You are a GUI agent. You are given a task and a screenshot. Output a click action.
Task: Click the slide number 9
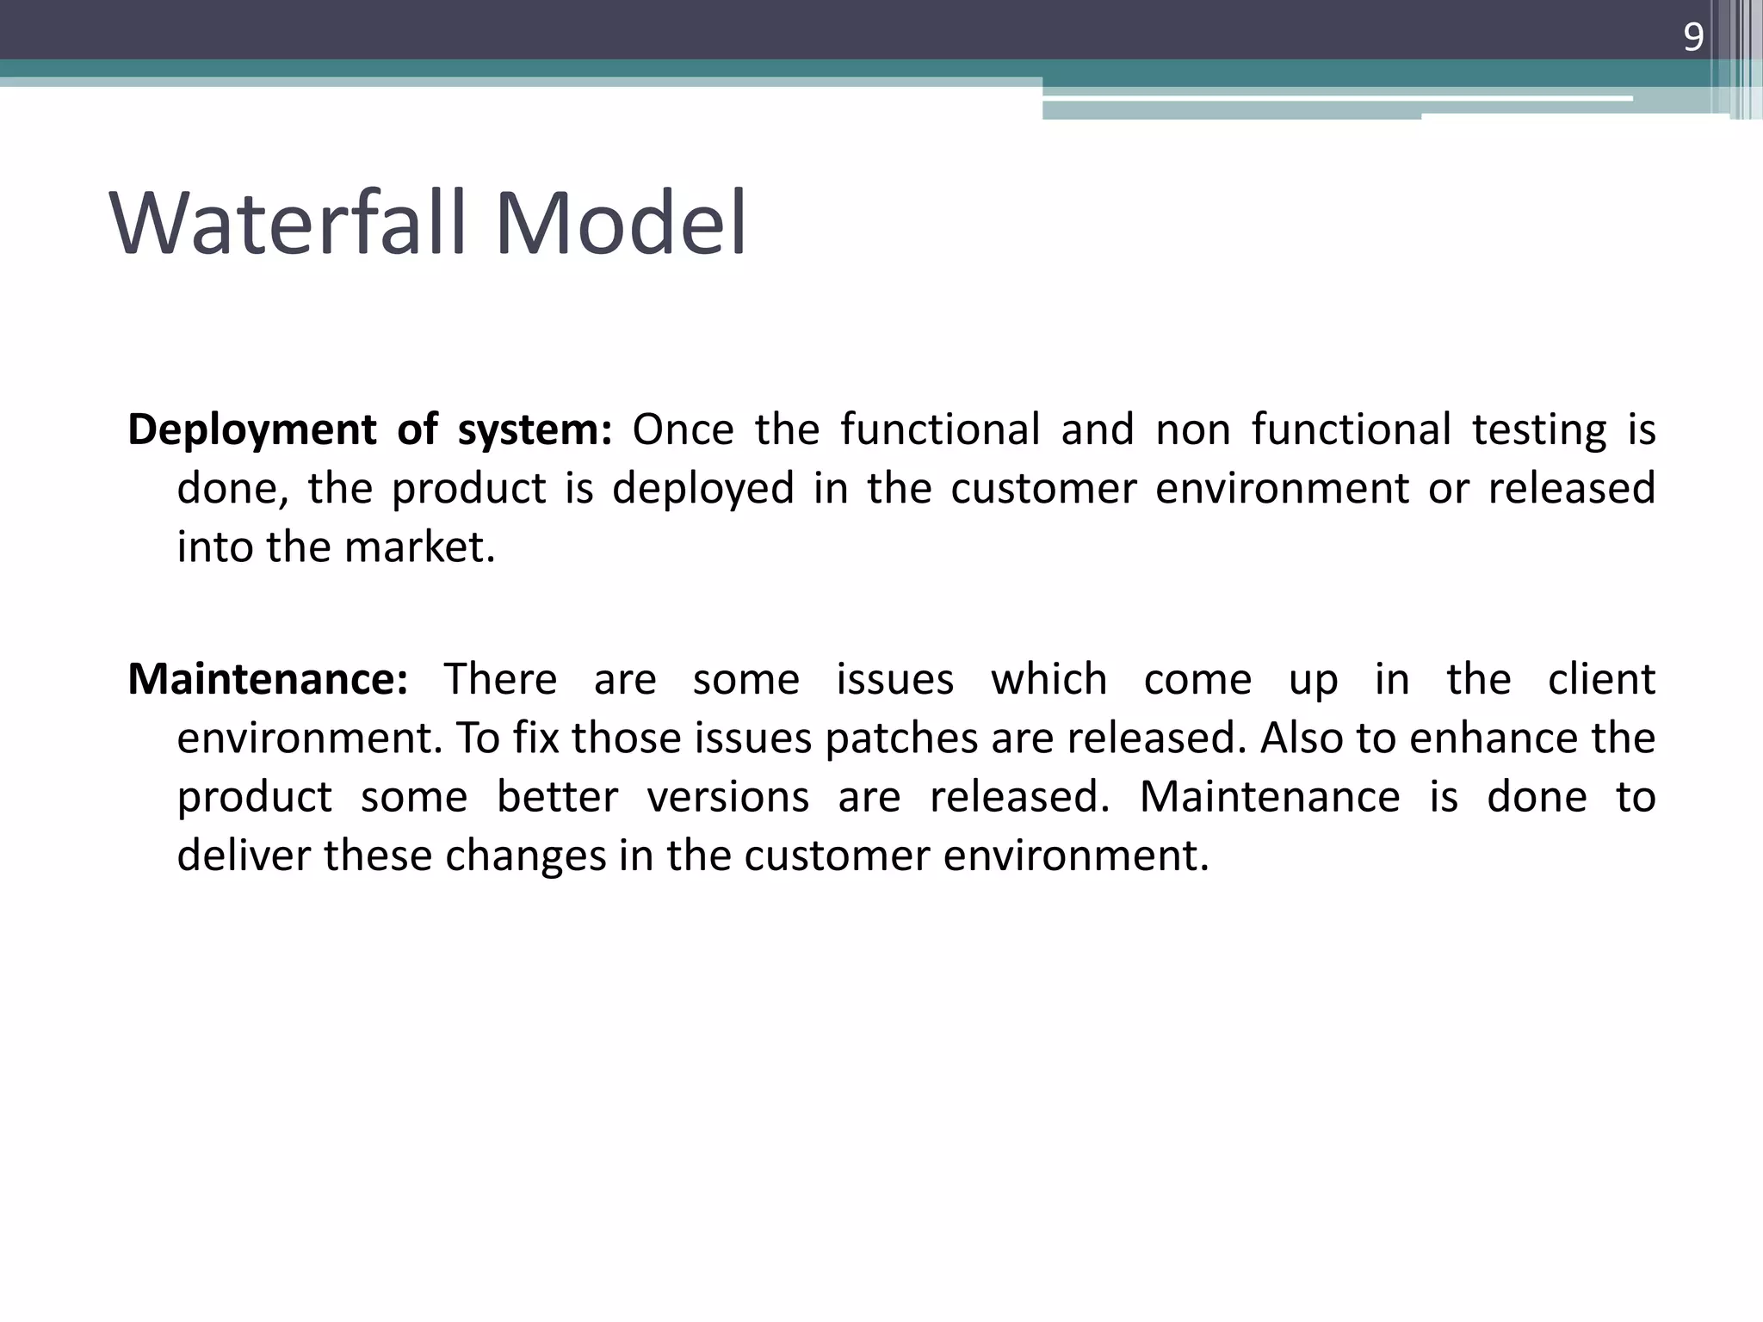[x=1692, y=38]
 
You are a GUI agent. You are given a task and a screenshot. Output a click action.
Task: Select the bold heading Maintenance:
[x=268, y=680]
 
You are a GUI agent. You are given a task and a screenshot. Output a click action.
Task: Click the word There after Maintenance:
[x=500, y=680]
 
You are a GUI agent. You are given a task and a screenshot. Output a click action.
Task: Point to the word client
[x=1601, y=680]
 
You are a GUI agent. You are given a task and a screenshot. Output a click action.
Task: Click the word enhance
[x=1493, y=738]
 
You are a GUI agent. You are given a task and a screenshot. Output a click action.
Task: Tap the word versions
[x=727, y=797]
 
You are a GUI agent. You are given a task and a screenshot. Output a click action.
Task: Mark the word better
[x=557, y=797]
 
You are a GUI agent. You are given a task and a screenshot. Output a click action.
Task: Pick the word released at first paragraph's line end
[x=1571, y=489]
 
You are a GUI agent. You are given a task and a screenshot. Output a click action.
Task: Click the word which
[x=1049, y=680]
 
